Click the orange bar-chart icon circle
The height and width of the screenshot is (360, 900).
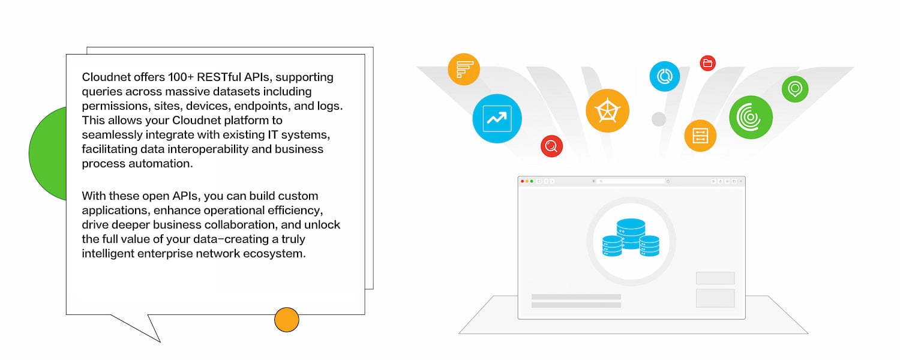[x=464, y=69]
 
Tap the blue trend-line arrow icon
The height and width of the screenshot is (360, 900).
[x=497, y=118]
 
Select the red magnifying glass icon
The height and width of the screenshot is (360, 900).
[x=551, y=146]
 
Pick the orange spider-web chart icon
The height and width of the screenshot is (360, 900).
[x=607, y=110]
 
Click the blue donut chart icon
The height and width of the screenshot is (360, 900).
[x=664, y=76]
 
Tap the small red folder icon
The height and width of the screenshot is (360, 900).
[x=708, y=63]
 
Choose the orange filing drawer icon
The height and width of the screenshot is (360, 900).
[x=700, y=136]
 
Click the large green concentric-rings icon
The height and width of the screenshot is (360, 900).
[x=750, y=117]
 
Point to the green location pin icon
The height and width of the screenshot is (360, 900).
[x=795, y=89]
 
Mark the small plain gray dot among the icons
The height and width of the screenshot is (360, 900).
[x=659, y=119]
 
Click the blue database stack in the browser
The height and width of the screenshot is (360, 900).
[x=631, y=238]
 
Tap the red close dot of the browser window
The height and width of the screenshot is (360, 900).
[x=522, y=181]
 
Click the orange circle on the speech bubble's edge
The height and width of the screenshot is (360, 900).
[x=287, y=320]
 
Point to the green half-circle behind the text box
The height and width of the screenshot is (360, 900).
[x=48, y=153]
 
